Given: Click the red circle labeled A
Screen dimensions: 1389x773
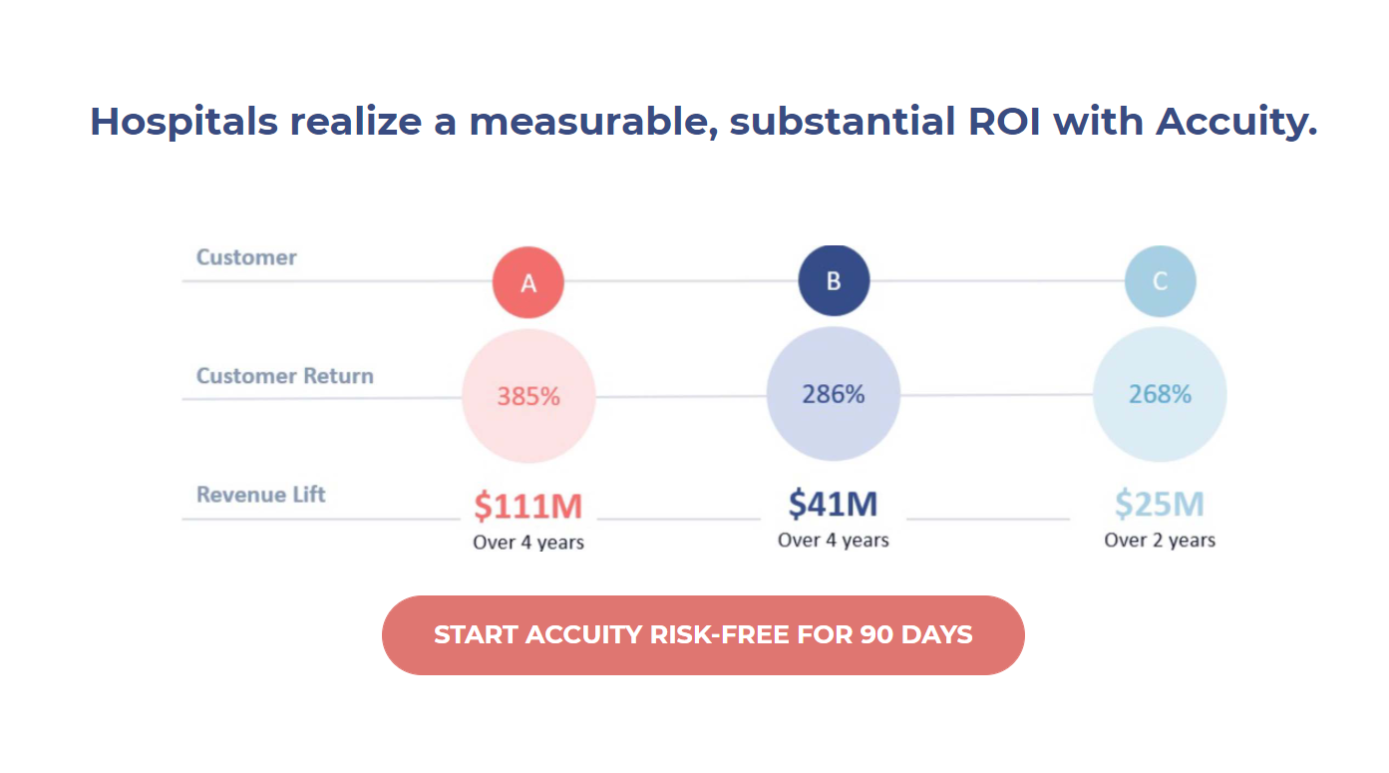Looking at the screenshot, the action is click(x=528, y=282).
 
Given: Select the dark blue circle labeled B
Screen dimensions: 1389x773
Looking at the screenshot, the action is click(x=834, y=280).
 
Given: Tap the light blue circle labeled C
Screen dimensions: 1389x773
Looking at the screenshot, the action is click(x=1161, y=281).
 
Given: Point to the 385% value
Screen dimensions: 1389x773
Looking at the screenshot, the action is click(x=528, y=396).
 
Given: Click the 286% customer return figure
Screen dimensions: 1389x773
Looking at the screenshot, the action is click(x=834, y=394).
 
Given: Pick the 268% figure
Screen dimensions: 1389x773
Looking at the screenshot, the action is click(x=1160, y=394).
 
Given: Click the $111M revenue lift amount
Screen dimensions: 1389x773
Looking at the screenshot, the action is click(x=528, y=506).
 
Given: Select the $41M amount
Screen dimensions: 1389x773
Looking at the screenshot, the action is click(x=833, y=503).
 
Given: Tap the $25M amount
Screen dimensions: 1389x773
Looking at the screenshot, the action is click(x=1160, y=503).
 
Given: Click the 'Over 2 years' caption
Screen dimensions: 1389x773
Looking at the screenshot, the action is click(x=1160, y=541).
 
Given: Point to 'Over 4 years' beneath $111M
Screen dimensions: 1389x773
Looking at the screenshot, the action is click(x=528, y=543).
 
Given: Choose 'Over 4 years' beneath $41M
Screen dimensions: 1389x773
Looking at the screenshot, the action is click(x=834, y=541).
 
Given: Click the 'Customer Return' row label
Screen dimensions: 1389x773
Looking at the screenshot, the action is click(x=284, y=376).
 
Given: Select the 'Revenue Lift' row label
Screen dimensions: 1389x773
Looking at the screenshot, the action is click(x=260, y=495).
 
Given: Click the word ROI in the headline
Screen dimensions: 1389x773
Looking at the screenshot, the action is click(x=1004, y=121).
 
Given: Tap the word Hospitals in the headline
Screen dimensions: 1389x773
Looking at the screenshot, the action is click(x=184, y=122).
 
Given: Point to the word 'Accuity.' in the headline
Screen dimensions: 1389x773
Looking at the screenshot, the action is click(x=1236, y=122).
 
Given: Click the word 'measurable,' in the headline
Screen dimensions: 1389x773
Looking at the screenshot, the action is click(x=593, y=122).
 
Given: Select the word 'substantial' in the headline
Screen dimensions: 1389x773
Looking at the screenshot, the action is click(x=843, y=121).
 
